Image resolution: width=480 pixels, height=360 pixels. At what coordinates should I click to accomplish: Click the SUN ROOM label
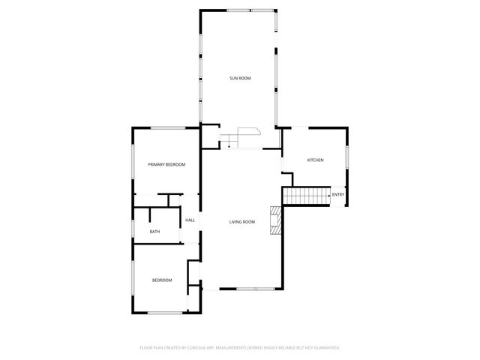coord(240,78)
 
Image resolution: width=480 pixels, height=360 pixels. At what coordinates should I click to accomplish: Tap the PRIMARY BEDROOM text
coord(166,164)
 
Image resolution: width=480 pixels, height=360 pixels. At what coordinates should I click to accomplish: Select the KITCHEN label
coord(315,160)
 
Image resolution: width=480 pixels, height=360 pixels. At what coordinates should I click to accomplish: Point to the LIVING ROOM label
coord(242,222)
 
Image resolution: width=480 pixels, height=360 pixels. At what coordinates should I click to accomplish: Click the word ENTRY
coord(338,195)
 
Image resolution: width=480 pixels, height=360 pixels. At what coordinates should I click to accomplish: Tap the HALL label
coord(190,220)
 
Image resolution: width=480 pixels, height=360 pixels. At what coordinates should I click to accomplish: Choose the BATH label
coord(154,232)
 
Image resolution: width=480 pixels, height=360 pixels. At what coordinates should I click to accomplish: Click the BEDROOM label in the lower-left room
coord(162,280)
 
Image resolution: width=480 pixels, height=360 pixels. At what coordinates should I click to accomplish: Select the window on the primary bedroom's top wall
coord(168,127)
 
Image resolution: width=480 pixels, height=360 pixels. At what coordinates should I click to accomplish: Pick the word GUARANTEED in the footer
coord(324,348)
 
